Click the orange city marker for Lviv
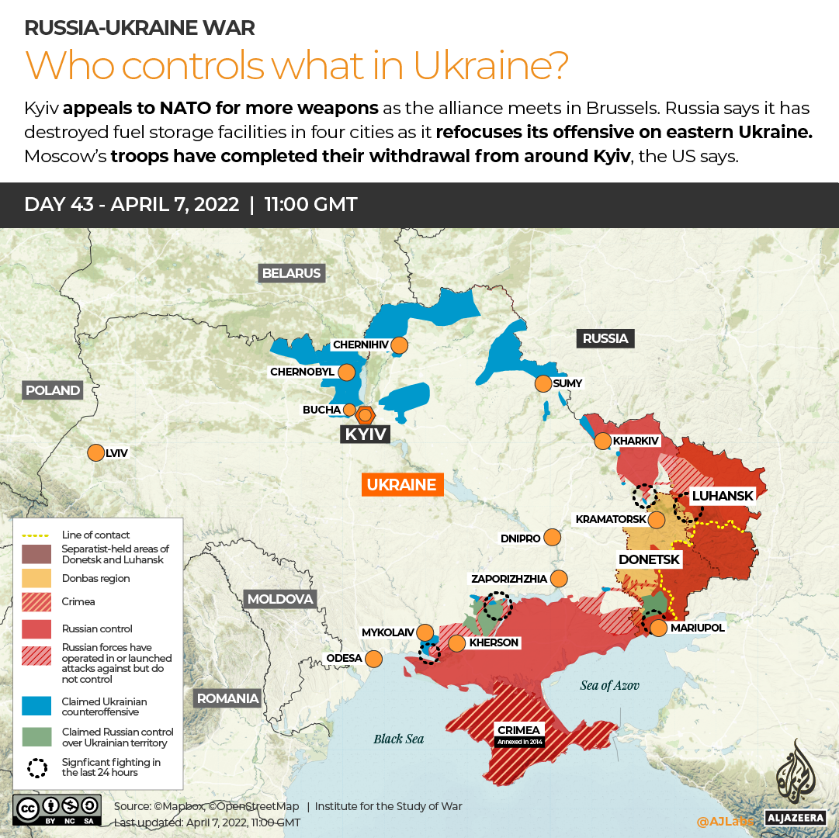coord(96,452)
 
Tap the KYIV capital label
coord(365,434)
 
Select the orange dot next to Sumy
coord(543,383)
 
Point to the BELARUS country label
coord(291,273)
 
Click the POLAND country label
coord(53,390)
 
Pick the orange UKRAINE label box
coord(401,485)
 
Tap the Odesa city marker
coord(373,659)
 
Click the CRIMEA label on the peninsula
coord(519,730)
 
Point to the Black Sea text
coord(398,739)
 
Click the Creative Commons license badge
coord(57,809)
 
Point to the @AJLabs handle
coord(725,820)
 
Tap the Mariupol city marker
coord(658,628)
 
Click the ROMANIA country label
coord(227,698)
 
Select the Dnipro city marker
coord(552,537)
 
